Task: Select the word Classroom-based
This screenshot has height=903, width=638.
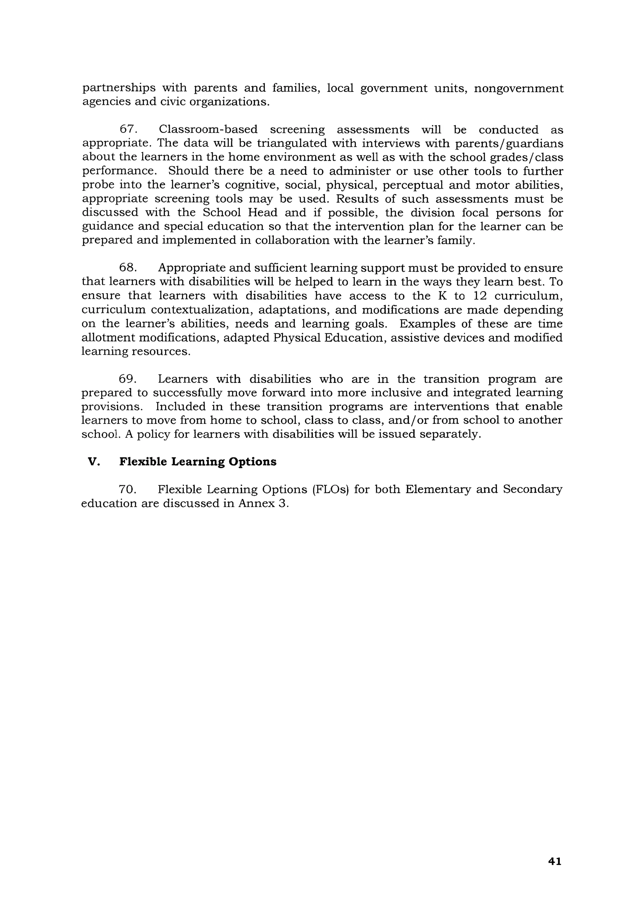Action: pos(208,129)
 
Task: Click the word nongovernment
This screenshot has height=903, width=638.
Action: pos(518,88)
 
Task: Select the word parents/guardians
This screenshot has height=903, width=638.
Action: pos(509,143)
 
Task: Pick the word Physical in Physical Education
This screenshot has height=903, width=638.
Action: pos(296,337)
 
